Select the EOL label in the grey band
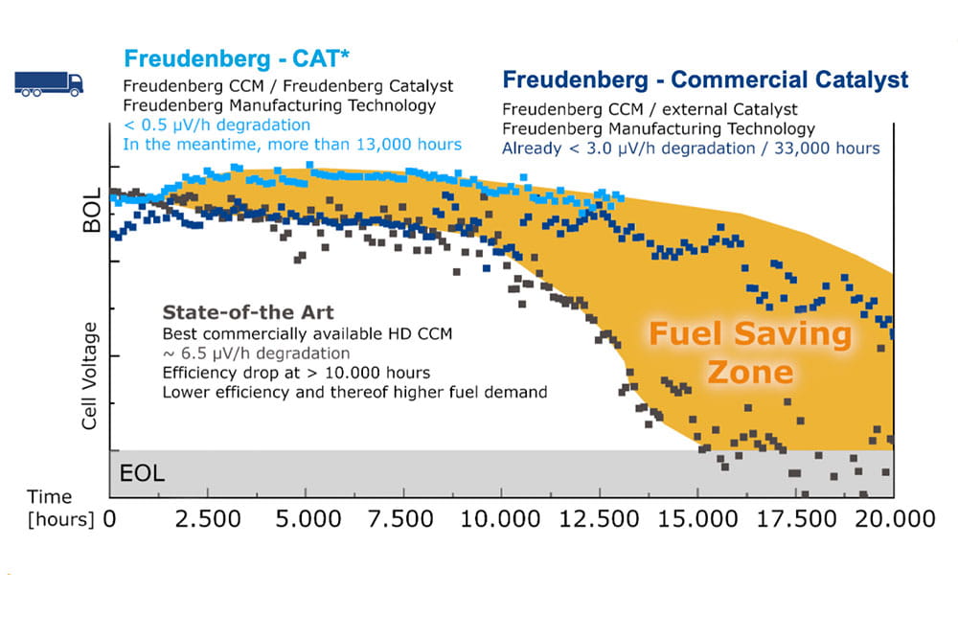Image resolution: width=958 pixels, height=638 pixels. click(142, 473)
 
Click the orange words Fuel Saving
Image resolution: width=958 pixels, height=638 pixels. click(750, 334)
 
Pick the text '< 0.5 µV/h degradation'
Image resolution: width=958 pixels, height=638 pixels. click(216, 125)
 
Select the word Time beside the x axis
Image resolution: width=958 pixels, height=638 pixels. click(49, 496)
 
